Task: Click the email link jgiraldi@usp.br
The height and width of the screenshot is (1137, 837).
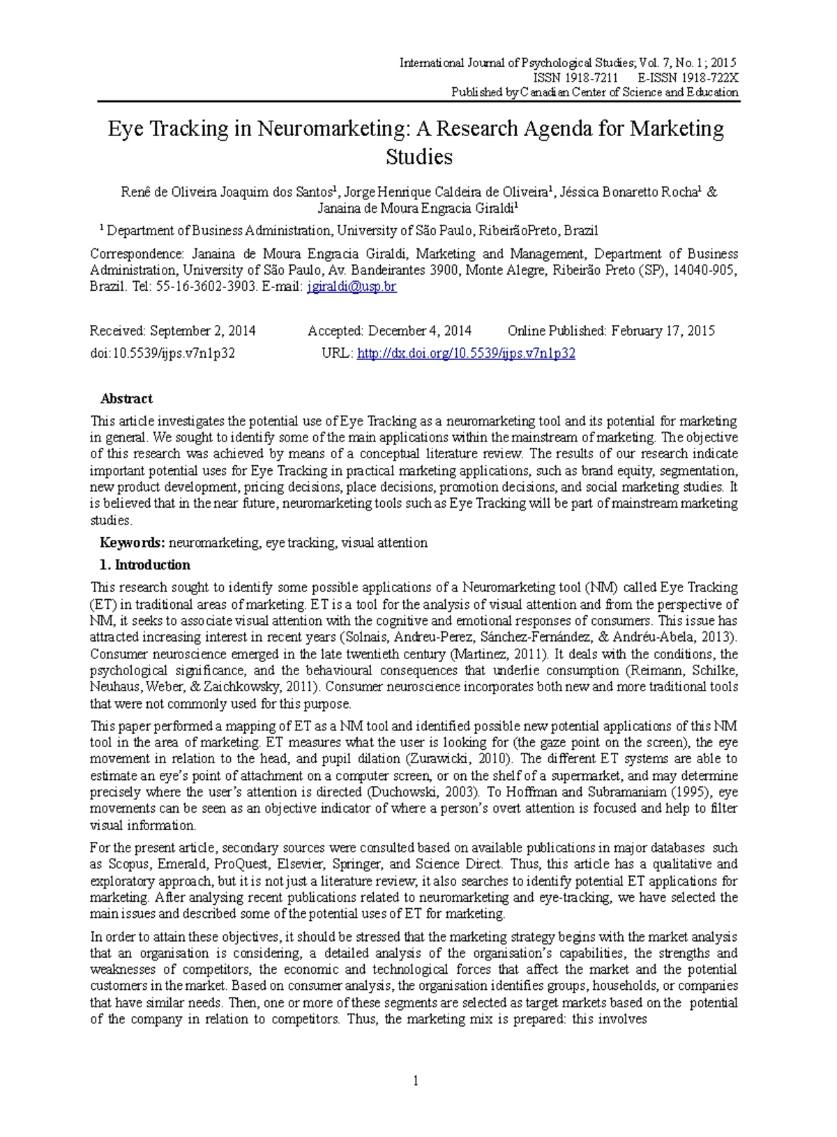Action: (352, 287)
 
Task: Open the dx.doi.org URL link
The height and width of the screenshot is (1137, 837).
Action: (466, 353)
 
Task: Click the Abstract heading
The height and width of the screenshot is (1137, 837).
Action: (126, 399)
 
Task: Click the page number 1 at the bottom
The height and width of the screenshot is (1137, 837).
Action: (416, 1080)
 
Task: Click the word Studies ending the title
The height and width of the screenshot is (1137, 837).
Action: (419, 157)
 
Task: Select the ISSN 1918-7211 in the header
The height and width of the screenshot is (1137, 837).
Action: (575, 78)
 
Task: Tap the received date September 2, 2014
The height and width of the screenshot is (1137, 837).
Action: (203, 331)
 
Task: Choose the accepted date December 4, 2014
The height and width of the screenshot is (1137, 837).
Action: (420, 331)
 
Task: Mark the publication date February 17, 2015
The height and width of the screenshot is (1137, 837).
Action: (663, 331)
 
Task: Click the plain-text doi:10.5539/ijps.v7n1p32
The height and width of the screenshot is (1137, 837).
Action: (163, 353)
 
